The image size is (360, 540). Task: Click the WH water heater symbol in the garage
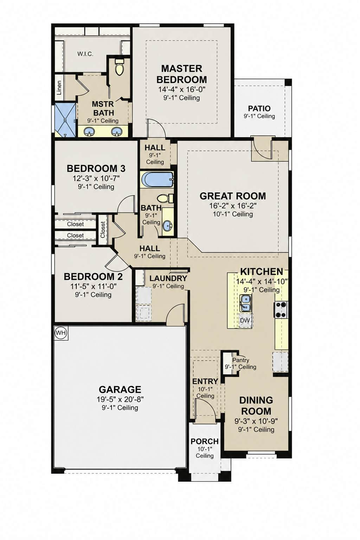click(x=60, y=333)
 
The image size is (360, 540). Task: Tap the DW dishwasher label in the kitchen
click(x=245, y=320)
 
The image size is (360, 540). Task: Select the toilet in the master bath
click(x=120, y=67)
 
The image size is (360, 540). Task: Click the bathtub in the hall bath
click(x=157, y=179)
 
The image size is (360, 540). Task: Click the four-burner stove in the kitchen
click(x=281, y=309)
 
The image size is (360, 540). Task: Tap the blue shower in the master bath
click(x=65, y=120)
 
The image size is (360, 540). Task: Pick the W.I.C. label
click(x=85, y=54)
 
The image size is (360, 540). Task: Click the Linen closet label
click(x=59, y=88)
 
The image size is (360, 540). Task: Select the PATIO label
click(x=259, y=109)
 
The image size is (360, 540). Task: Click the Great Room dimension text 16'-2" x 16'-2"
click(x=233, y=206)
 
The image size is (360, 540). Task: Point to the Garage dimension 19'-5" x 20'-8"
click(x=120, y=399)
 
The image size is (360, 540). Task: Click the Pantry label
click(x=240, y=360)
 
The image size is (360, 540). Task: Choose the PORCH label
click(x=205, y=442)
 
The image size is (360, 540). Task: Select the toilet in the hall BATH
click(x=165, y=198)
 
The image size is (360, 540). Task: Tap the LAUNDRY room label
click(x=168, y=278)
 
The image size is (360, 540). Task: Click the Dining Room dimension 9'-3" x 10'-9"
click(x=256, y=421)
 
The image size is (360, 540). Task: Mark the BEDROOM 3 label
click(x=96, y=168)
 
